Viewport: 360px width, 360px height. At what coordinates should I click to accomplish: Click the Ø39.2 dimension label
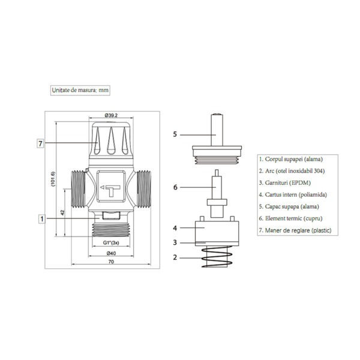(111, 115)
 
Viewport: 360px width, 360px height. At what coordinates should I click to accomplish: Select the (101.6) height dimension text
(53, 179)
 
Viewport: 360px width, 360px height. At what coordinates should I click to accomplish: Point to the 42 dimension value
(62, 212)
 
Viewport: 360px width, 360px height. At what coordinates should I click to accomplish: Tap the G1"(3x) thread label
(111, 242)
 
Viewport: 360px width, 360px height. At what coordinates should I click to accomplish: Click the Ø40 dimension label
(111, 253)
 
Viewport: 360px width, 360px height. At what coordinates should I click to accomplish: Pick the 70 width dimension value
(111, 262)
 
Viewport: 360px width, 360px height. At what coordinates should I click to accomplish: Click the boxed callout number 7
(40, 143)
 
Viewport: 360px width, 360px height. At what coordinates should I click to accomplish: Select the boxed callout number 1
(42, 219)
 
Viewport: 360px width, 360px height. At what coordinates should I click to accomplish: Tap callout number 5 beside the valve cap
(175, 134)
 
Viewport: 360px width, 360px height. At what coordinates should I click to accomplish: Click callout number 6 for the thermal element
(175, 187)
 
